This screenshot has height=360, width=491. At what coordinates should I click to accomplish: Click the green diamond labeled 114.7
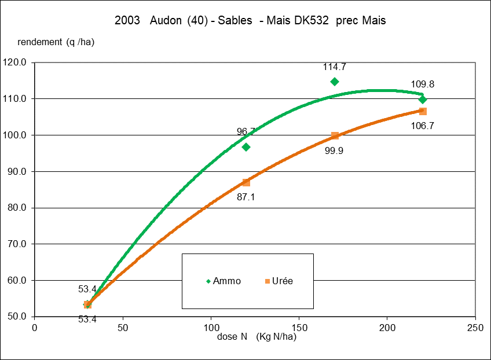(x=335, y=82)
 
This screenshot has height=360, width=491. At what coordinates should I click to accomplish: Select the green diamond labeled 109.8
(x=423, y=100)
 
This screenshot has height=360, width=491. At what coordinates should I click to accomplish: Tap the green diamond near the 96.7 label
(x=246, y=147)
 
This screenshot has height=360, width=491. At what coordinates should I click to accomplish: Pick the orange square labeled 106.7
(x=423, y=111)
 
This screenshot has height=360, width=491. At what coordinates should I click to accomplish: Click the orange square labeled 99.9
(x=335, y=135)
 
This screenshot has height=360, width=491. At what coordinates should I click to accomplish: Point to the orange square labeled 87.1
(x=246, y=182)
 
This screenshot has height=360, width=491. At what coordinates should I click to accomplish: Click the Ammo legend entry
(x=223, y=281)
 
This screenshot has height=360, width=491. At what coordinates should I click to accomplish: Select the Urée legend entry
(x=279, y=281)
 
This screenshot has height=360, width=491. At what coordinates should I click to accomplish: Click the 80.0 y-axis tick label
(x=16, y=208)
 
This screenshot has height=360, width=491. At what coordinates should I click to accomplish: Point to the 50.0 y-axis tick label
(x=16, y=317)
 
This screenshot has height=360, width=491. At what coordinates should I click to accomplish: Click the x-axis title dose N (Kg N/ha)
(x=257, y=337)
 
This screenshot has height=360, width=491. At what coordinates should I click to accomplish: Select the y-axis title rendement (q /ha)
(x=56, y=42)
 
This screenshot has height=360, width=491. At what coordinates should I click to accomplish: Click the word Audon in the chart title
(x=166, y=21)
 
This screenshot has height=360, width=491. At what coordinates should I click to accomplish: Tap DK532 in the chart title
(x=313, y=21)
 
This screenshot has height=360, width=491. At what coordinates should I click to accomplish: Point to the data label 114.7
(x=335, y=67)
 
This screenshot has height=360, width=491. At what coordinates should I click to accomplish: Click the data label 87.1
(x=246, y=197)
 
